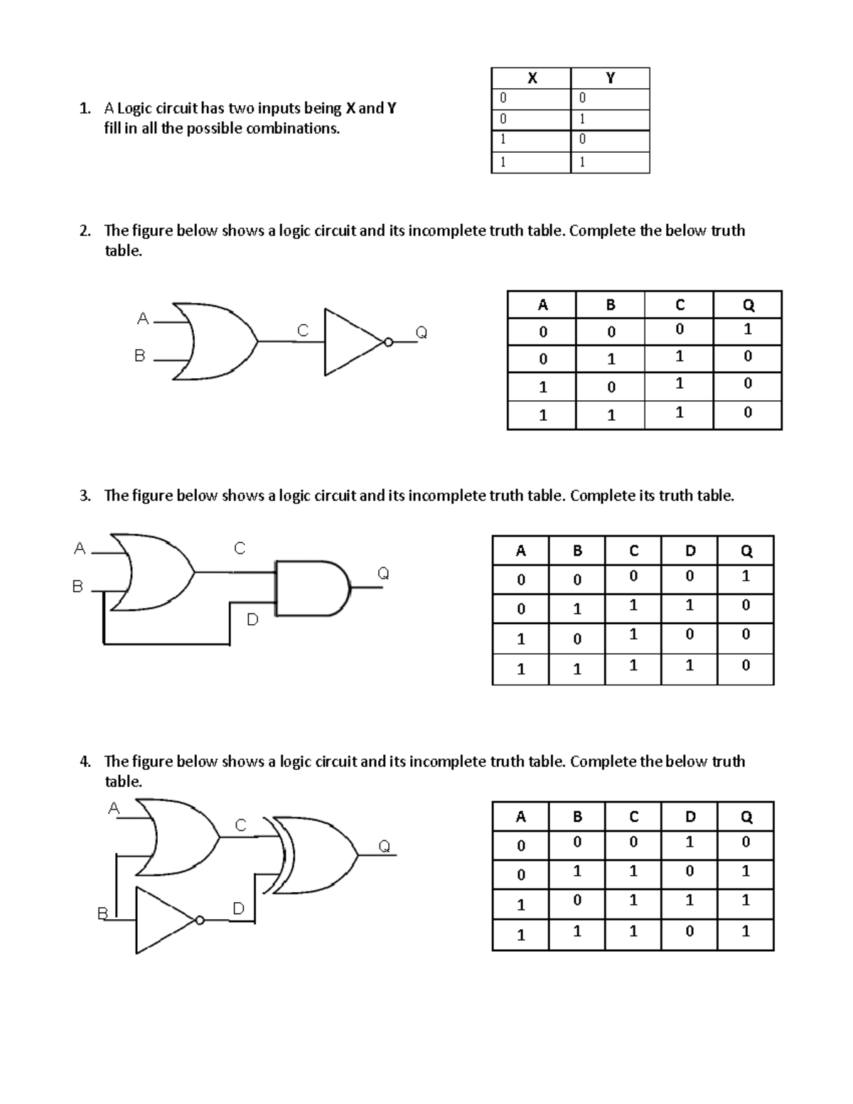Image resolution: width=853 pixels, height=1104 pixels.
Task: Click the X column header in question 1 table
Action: click(x=531, y=78)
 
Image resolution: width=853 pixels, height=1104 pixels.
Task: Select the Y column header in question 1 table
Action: click(x=610, y=78)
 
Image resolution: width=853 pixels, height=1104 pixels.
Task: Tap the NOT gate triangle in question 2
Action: click(x=352, y=342)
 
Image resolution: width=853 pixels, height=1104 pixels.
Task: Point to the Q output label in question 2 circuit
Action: click(x=421, y=332)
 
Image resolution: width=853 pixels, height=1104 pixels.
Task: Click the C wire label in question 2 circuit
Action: click(x=303, y=331)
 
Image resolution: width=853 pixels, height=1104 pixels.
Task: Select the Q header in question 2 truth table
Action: click(x=747, y=305)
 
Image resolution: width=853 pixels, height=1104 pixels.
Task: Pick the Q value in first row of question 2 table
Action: click(x=747, y=330)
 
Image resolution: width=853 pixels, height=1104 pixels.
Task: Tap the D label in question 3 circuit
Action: click(x=252, y=620)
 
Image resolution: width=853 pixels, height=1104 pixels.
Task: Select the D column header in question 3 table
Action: click(x=689, y=551)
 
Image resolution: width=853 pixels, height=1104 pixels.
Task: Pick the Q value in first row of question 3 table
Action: click(x=745, y=577)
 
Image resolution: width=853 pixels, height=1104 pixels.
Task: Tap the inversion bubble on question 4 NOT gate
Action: click(x=200, y=920)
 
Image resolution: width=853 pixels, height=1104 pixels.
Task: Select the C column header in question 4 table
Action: click(x=633, y=817)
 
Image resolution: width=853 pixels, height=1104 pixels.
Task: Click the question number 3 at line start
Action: click(x=84, y=496)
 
